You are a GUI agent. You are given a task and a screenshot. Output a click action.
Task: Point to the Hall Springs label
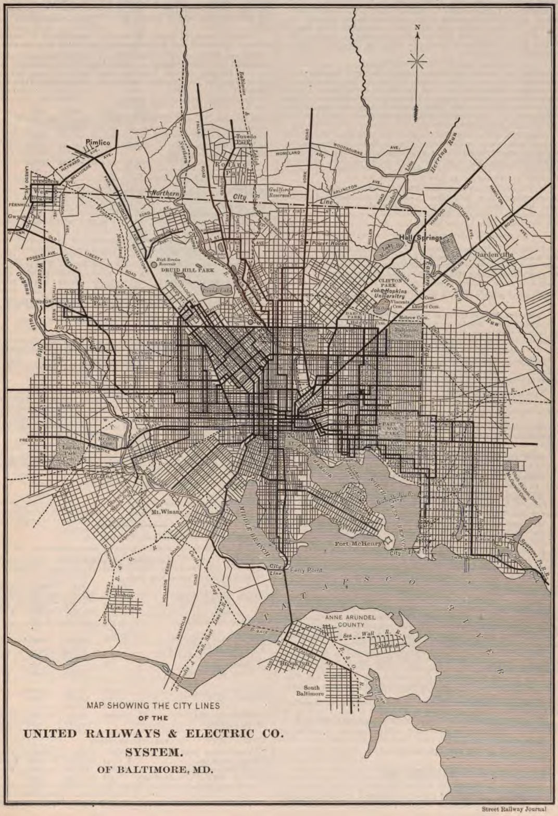pyautogui.click(x=421, y=237)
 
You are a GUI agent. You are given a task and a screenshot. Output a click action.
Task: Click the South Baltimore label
pyautogui.click(x=310, y=691)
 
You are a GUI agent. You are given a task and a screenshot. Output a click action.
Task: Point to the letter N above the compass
pyautogui.click(x=417, y=28)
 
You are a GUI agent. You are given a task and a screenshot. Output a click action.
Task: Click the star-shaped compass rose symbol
pyautogui.click(x=417, y=62)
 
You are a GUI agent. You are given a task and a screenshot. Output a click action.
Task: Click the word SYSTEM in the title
pyautogui.click(x=153, y=752)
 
